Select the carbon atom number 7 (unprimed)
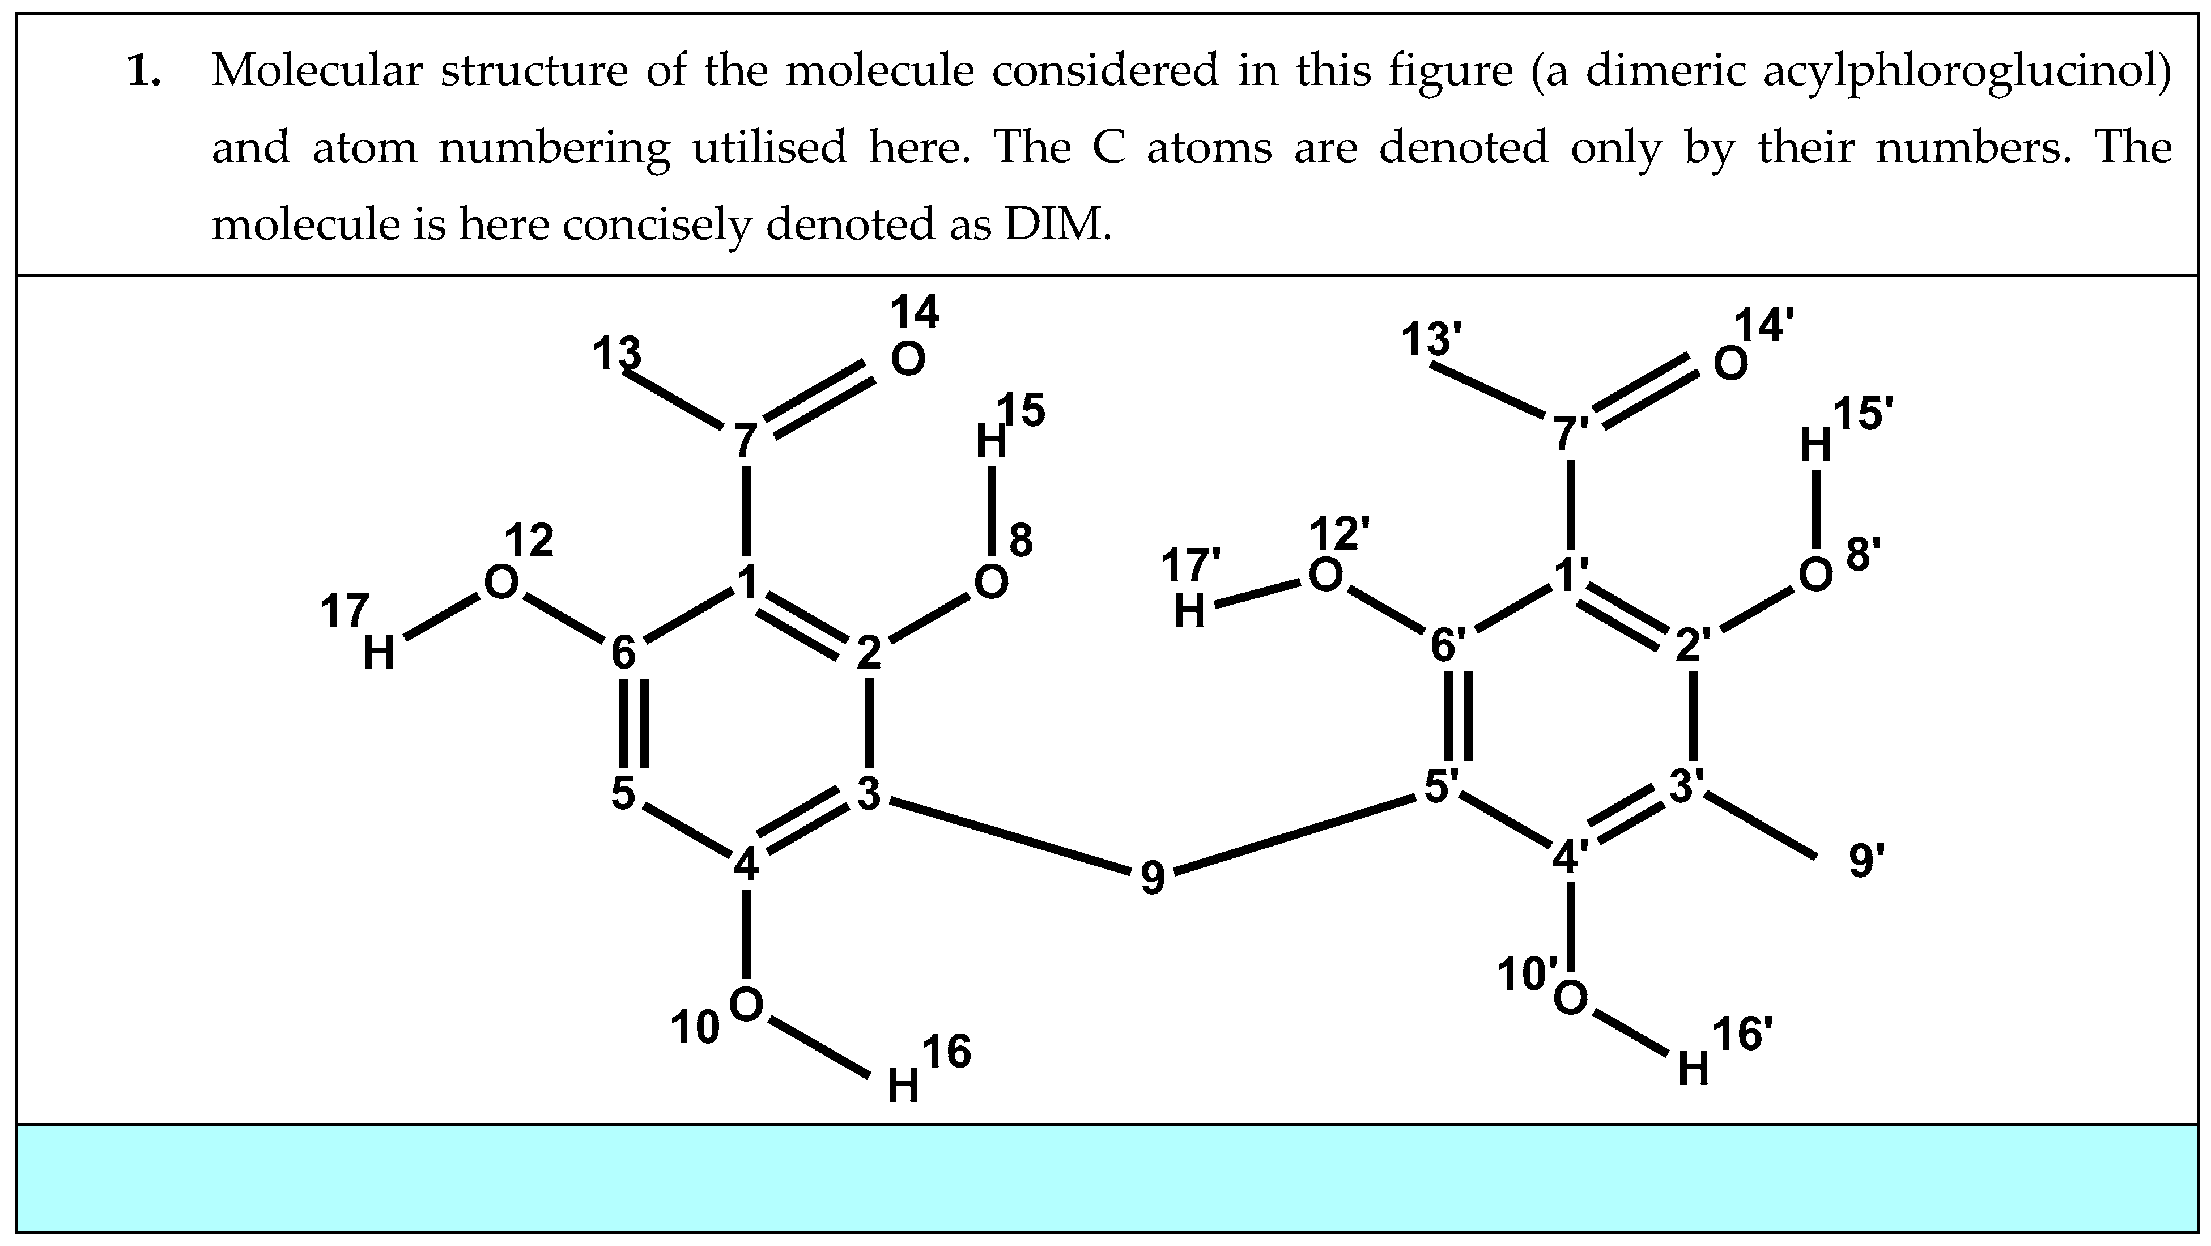[x=745, y=442]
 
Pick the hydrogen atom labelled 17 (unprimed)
[x=379, y=654]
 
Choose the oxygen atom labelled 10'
[x=1570, y=998]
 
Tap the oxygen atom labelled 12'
[x=1324, y=575]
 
